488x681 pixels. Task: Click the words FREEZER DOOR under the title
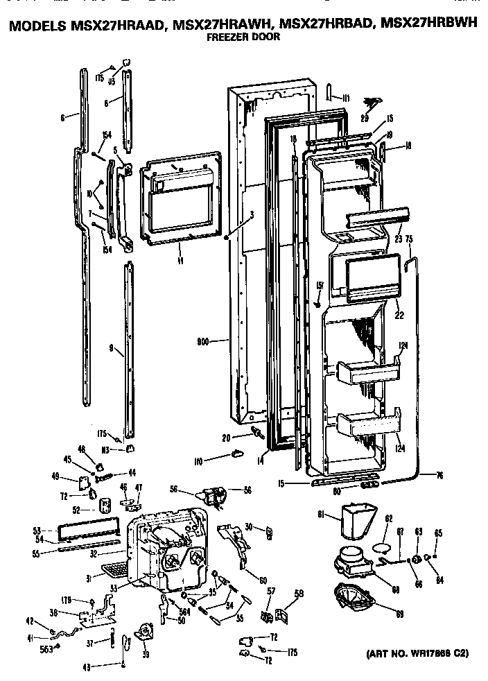click(243, 37)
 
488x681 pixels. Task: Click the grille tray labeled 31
click(112, 569)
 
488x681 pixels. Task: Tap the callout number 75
click(409, 239)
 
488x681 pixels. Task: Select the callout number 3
click(252, 215)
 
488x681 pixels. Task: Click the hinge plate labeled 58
click(280, 614)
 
